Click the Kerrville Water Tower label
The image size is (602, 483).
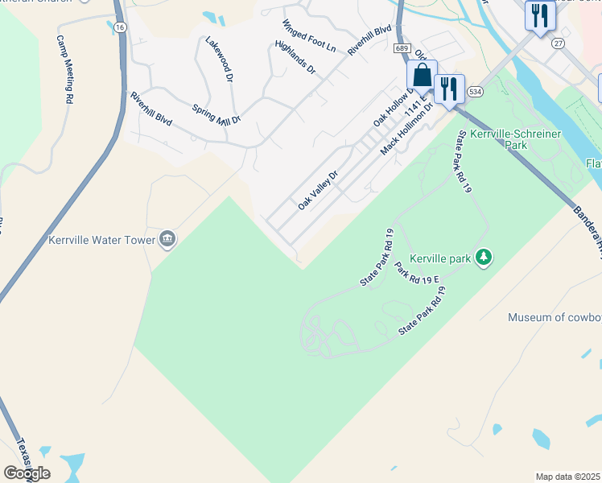(100, 239)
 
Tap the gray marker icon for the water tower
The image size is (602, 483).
(167, 238)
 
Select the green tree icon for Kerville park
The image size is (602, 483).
(484, 258)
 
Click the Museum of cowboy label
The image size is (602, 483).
(555, 317)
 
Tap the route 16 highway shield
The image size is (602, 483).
(120, 27)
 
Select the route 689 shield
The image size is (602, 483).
(402, 48)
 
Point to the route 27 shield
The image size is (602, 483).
(557, 43)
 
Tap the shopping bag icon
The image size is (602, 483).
(422, 76)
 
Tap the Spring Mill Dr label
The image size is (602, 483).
(216, 114)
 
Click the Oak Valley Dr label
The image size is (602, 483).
(318, 190)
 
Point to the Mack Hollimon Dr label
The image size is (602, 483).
(407, 126)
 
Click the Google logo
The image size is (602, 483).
(27, 473)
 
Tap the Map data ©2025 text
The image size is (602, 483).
(567, 477)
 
